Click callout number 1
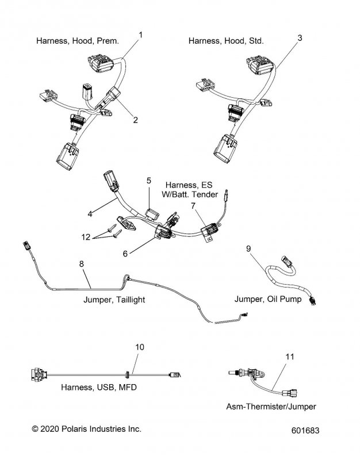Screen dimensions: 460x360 pyautogui.click(x=141, y=35)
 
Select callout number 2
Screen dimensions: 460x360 pyautogui.click(x=135, y=120)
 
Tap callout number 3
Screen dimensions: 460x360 pyautogui.click(x=300, y=38)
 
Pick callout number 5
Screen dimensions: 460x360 pyautogui.click(x=148, y=180)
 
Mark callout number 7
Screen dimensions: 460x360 pyautogui.click(x=193, y=206)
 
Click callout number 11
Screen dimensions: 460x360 pyautogui.click(x=290, y=357)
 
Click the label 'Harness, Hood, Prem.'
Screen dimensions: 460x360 pyautogui.click(x=78, y=41)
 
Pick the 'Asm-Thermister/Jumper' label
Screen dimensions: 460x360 pyautogui.click(x=270, y=407)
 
